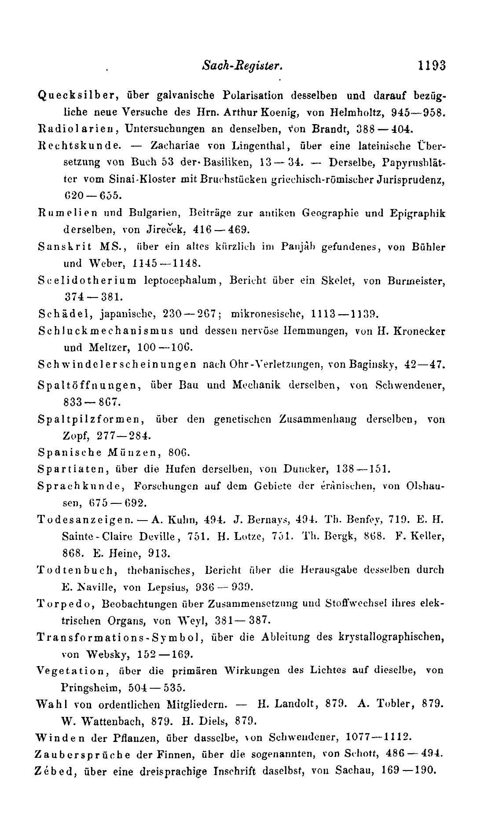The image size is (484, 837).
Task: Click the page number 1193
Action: tap(432, 66)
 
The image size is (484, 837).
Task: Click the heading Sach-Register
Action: tap(241, 66)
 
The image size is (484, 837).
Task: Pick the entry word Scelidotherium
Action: tap(87, 280)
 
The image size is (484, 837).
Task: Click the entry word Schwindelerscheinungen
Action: tap(117, 365)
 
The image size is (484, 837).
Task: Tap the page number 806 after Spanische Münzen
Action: tap(180, 452)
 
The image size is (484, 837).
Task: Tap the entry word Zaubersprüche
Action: tap(82, 754)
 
